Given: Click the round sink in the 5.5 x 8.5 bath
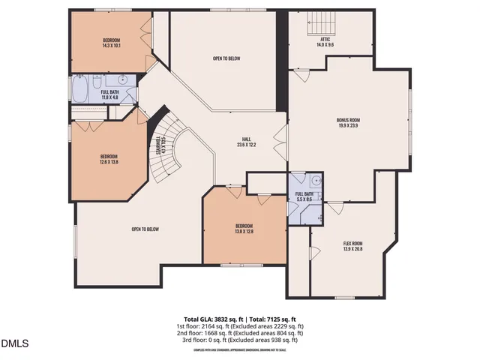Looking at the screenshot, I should click(x=316, y=180).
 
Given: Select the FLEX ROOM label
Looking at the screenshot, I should click(x=352, y=244).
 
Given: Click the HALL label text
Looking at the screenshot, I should click(x=246, y=139).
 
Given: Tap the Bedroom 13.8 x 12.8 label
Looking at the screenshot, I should click(x=244, y=226).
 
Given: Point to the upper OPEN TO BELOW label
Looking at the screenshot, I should click(x=226, y=57).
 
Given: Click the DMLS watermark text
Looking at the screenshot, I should click(x=14, y=344).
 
